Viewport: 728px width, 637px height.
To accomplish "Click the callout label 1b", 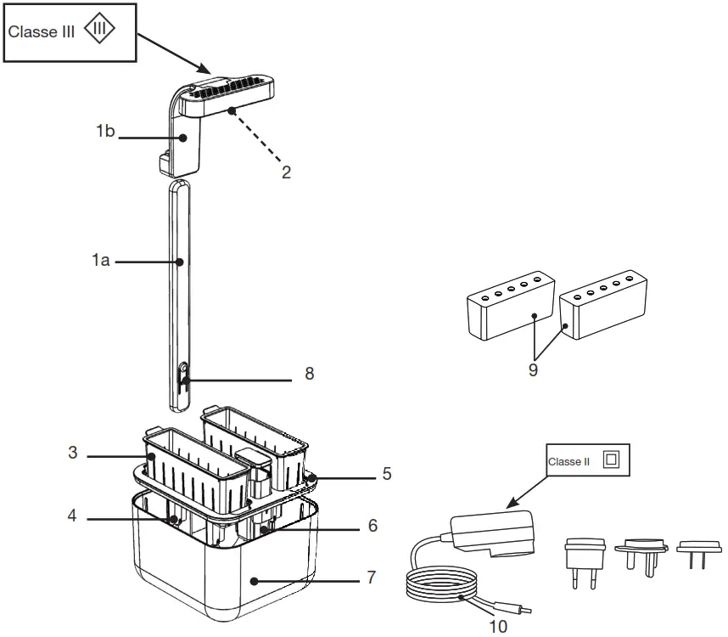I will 104,132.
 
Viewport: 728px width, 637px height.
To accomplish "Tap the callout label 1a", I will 101,262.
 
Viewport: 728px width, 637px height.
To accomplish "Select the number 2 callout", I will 287,172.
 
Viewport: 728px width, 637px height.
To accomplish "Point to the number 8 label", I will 309,374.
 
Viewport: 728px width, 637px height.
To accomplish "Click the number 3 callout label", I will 74,454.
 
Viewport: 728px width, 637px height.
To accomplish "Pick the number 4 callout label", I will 74,515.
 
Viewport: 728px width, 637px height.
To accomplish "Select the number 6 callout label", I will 373,527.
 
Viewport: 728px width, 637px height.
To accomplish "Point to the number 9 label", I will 533,370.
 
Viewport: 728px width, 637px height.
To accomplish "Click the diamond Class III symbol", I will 100,31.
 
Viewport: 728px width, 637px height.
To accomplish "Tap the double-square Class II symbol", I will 611,460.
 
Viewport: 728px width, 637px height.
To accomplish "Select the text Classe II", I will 568,462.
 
